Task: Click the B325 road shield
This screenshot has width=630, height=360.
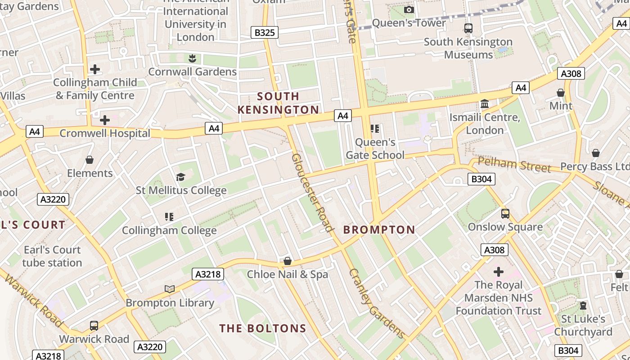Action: pyautogui.click(x=264, y=32)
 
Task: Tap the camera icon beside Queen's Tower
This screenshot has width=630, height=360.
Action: pyautogui.click(x=409, y=9)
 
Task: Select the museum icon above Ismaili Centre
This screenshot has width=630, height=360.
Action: pyautogui.click(x=485, y=104)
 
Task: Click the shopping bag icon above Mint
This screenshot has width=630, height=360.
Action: pyautogui.click(x=561, y=93)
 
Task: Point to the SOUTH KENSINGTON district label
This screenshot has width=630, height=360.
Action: pyautogui.click(x=278, y=103)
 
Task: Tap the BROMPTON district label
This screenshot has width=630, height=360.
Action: pyautogui.click(x=379, y=230)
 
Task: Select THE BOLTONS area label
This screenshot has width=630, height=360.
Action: pyautogui.click(x=263, y=328)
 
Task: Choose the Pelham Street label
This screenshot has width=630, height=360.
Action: pyautogui.click(x=514, y=165)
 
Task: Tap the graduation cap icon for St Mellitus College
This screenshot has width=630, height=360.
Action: pyautogui.click(x=181, y=177)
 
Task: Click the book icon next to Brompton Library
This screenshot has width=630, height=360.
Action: pyautogui.click(x=170, y=289)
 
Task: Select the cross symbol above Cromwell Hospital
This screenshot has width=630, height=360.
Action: pyautogui.click(x=105, y=120)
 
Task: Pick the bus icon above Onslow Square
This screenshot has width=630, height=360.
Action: pyautogui.click(x=505, y=214)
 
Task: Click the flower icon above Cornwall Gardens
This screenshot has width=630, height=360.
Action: pyautogui.click(x=192, y=58)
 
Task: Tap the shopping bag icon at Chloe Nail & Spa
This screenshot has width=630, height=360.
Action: pyautogui.click(x=288, y=261)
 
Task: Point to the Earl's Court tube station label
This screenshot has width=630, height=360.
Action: pyautogui.click(x=52, y=256)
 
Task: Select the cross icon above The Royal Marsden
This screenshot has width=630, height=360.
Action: pyautogui.click(x=498, y=272)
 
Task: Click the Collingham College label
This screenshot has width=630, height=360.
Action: pyautogui.click(x=169, y=230)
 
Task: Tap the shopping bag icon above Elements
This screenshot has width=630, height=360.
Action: pyautogui.click(x=90, y=160)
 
